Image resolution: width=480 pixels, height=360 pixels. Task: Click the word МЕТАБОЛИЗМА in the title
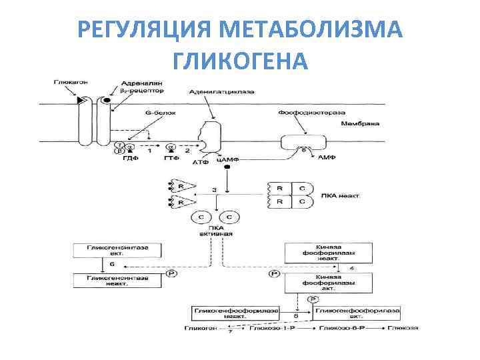click(310, 30)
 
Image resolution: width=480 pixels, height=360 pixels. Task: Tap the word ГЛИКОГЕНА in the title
click(240, 61)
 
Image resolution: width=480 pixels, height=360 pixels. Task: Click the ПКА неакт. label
click(341, 197)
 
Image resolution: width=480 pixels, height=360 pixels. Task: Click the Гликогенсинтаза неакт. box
click(117, 281)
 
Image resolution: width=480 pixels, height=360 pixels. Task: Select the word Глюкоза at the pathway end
click(405, 329)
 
